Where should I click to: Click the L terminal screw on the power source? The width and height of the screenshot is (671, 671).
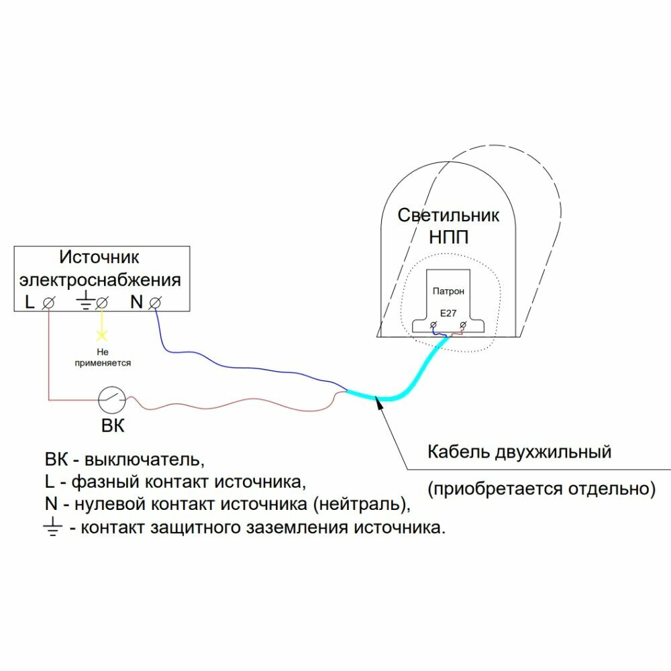(x=48, y=303)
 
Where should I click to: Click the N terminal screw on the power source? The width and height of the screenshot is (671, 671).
(x=154, y=303)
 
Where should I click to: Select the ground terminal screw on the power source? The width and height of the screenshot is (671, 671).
(x=102, y=303)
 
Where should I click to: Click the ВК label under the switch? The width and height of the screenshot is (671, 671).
(x=113, y=426)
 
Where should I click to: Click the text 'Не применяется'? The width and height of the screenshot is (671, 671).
(x=103, y=357)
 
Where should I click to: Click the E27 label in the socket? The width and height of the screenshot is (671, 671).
(x=448, y=313)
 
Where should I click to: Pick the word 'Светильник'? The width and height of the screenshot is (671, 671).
(x=448, y=215)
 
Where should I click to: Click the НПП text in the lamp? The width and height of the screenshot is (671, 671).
(x=448, y=238)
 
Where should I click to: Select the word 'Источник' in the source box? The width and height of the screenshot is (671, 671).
(x=100, y=257)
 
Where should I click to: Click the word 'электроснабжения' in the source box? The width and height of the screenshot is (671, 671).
(x=100, y=279)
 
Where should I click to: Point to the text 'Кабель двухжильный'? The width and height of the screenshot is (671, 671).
(x=519, y=452)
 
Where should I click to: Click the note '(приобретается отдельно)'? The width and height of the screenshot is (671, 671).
(x=541, y=488)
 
